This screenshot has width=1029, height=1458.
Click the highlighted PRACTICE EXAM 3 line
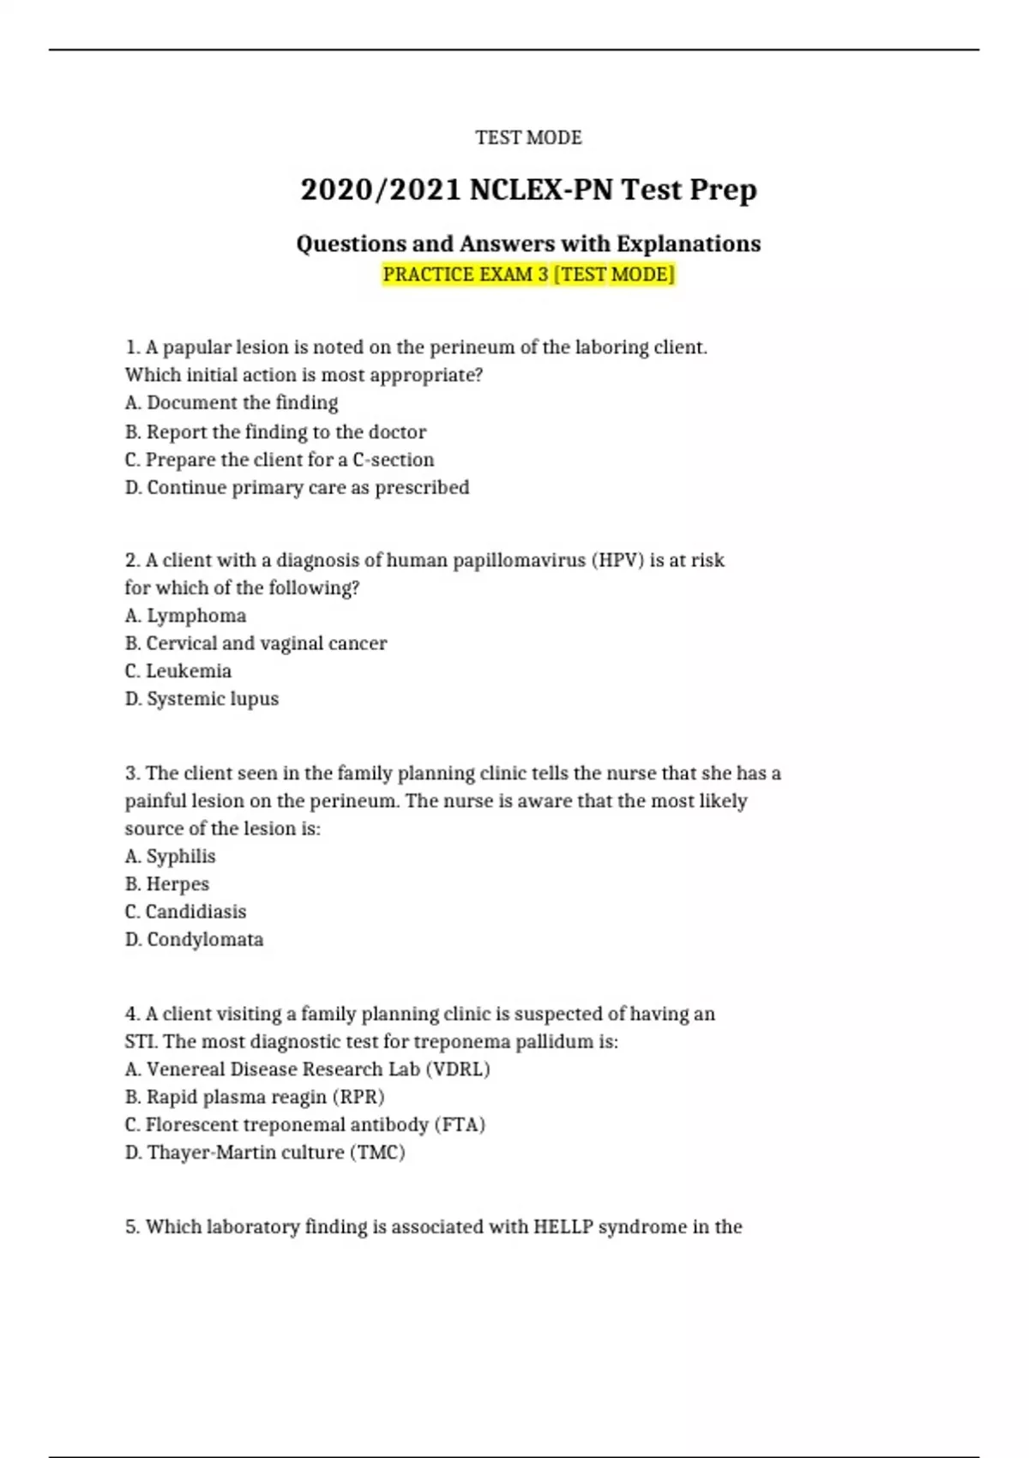528,274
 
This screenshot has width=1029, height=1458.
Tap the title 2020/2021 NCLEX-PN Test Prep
528,190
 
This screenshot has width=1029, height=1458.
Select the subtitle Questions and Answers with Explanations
528,244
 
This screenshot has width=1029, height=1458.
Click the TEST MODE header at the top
528,137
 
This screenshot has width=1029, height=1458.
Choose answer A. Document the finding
232,403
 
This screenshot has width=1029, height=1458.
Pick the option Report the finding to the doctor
275,431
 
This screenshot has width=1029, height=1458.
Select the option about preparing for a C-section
280,460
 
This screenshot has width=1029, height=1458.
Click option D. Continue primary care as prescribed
297,487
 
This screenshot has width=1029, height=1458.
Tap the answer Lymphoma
185,616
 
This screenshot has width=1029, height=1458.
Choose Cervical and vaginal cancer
256,643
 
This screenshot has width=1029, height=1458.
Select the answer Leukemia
178,671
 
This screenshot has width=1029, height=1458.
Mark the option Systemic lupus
202,699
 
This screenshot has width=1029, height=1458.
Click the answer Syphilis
170,856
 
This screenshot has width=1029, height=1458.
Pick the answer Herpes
167,884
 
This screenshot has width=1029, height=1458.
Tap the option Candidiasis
185,912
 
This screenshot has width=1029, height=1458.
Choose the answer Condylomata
194,939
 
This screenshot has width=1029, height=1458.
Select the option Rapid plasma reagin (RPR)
255,1097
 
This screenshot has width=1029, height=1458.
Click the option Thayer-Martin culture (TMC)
265,1152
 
